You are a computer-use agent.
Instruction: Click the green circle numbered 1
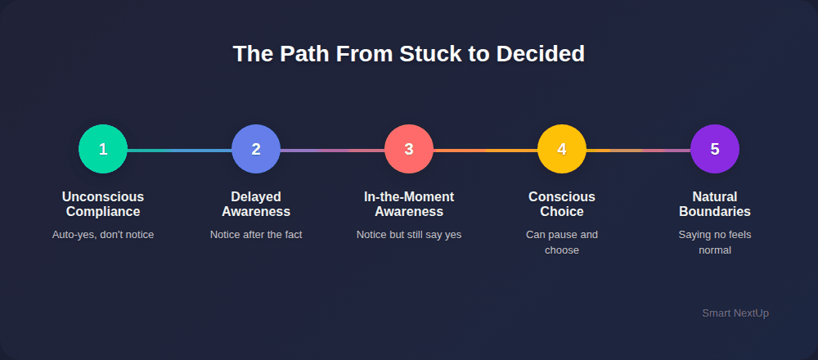[x=103, y=149]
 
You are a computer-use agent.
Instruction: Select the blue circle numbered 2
[x=256, y=149]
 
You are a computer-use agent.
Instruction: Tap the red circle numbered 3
[x=409, y=149]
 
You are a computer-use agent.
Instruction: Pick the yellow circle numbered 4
[x=562, y=149]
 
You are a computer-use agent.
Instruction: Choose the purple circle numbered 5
[x=715, y=149]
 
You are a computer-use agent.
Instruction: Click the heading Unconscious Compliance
[x=103, y=205]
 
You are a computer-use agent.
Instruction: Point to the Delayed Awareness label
[x=256, y=205]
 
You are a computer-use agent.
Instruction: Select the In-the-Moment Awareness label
[x=409, y=205]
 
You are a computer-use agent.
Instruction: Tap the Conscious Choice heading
[x=562, y=205]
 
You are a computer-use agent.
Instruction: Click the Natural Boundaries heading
[x=715, y=205]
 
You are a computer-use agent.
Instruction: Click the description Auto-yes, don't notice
[x=103, y=235]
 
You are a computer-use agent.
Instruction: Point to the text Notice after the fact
[x=256, y=235]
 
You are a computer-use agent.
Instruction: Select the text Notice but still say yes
[x=409, y=235]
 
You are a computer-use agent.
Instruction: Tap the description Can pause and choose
[x=562, y=242]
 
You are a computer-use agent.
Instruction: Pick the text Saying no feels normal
[x=715, y=242]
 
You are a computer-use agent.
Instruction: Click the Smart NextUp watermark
[x=735, y=313]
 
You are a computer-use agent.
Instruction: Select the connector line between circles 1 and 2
[x=179, y=151]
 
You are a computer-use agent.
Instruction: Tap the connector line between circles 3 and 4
[x=485, y=151]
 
